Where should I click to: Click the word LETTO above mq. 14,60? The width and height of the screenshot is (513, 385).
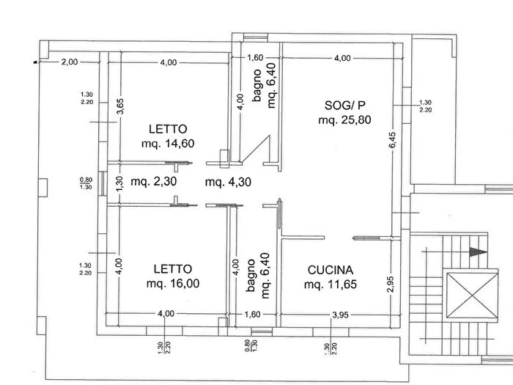point(166,128)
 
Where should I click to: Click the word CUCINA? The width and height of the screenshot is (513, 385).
point(330,269)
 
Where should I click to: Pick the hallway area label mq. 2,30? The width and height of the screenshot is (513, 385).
point(155,181)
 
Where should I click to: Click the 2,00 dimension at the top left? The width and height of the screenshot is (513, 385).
point(69,62)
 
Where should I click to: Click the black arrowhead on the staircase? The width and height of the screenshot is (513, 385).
point(477,252)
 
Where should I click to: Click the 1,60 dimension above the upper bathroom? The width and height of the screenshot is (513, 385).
point(254,58)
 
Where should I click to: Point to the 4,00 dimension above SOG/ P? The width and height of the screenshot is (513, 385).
point(342,58)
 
